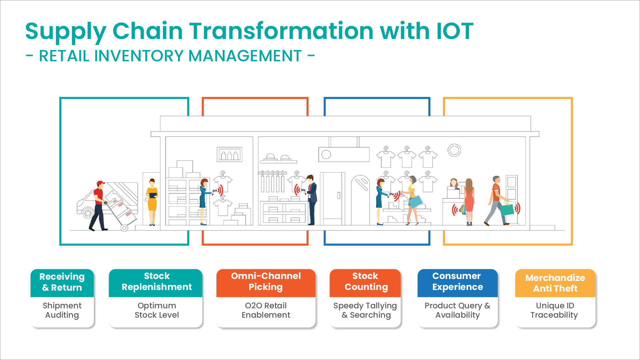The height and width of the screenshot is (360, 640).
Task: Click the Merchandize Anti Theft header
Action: pos(555,283)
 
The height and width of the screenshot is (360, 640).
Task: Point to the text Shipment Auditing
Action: pos(62,310)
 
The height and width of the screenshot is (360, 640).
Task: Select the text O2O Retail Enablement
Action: pos(266,310)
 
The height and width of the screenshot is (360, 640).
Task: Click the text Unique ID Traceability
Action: pos(554,310)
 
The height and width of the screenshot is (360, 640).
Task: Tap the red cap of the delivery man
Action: pos(100,183)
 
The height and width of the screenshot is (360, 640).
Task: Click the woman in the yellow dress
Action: pos(152,202)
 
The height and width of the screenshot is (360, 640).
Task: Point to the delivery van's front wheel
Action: pos(88,213)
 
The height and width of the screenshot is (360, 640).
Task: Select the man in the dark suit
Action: pos(311,200)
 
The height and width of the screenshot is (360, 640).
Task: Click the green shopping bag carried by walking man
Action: pos(507,210)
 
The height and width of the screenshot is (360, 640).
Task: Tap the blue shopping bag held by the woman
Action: pos(415,201)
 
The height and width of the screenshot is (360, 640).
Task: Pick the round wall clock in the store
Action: pos(454,150)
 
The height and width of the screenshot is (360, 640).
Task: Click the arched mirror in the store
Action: pos(360,200)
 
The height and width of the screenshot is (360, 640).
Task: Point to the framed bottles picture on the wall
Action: pos(230,154)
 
